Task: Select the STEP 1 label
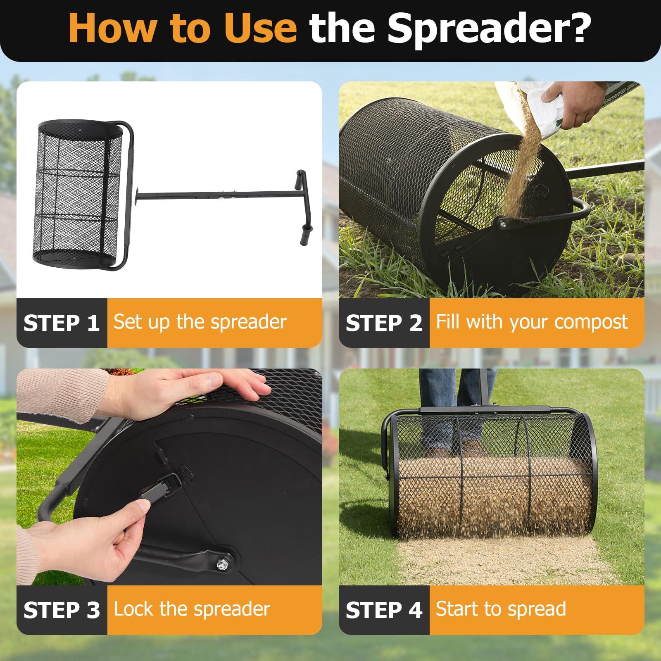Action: (x=62, y=323)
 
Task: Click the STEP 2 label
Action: (x=384, y=323)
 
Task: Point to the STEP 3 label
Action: (x=62, y=610)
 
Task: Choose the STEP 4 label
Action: (x=384, y=610)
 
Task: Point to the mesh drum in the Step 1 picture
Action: (x=78, y=194)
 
